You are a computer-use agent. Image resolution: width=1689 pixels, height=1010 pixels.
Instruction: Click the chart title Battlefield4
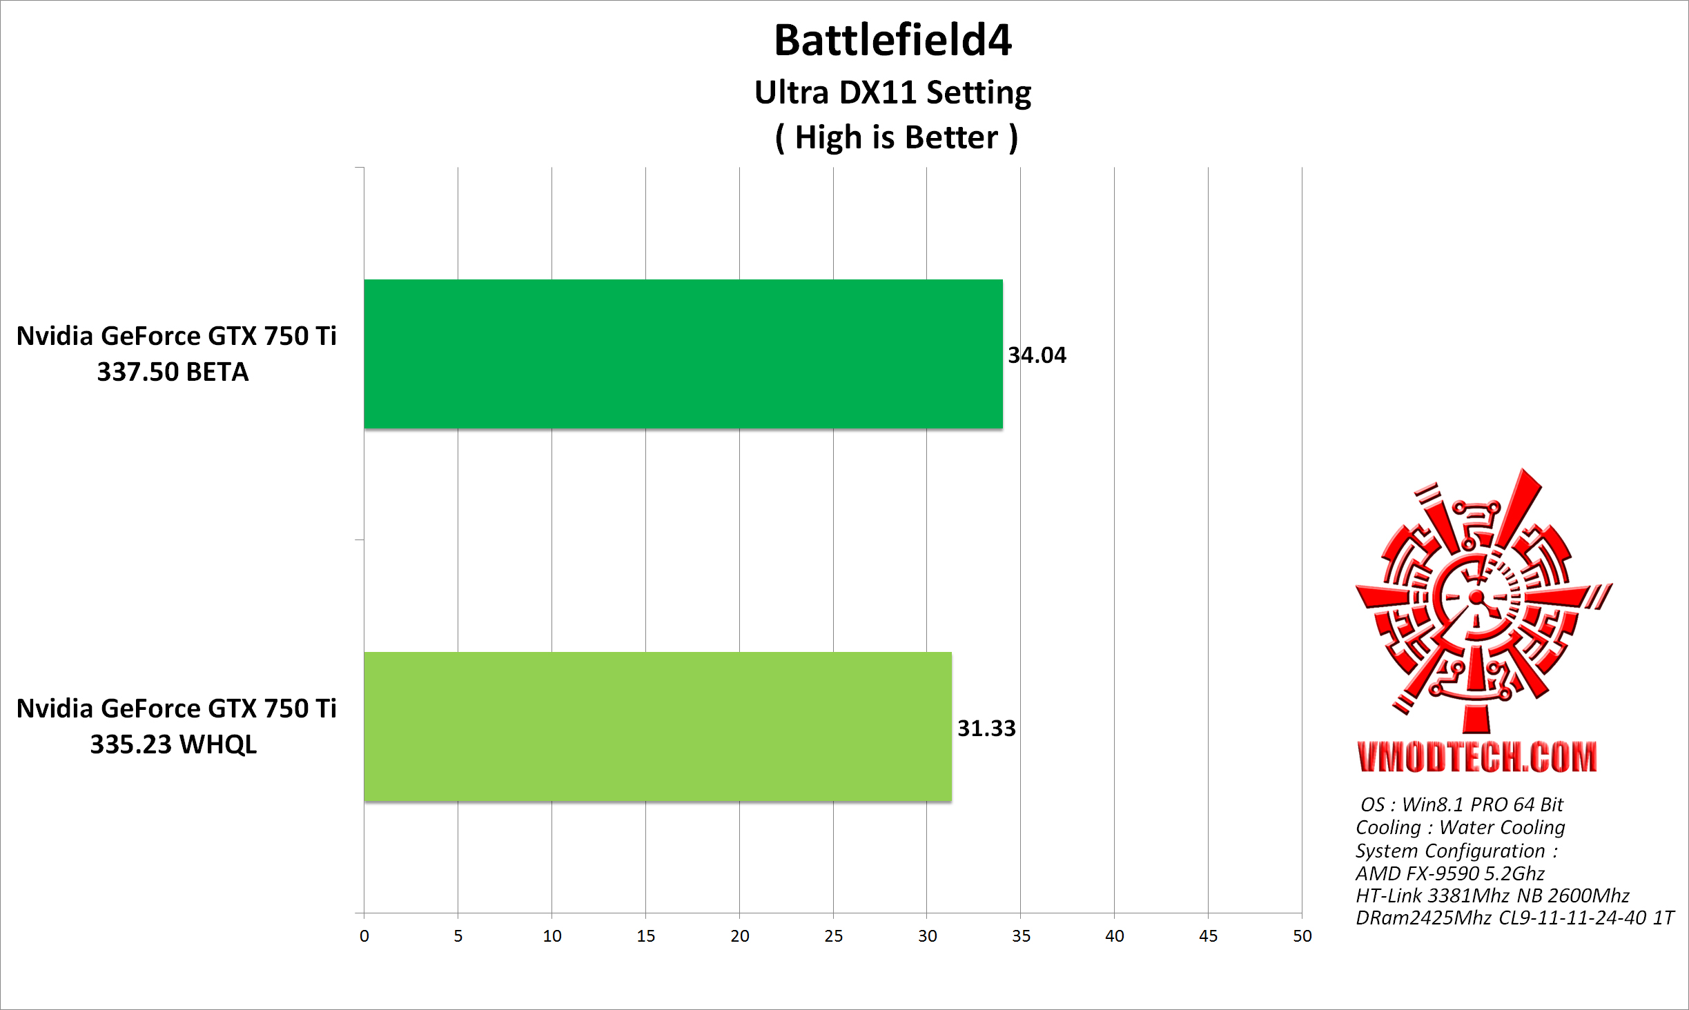pyautogui.click(x=892, y=40)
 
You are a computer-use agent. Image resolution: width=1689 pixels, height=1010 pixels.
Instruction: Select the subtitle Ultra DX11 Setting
pyautogui.click(x=892, y=92)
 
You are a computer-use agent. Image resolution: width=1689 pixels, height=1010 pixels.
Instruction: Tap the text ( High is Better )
pyautogui.click(x=896, y=137)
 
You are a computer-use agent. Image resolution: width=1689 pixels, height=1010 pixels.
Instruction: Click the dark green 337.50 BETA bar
pyautogui.click(x=683, y=354)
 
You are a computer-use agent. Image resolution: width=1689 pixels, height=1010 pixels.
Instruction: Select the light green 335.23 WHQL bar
pyautogui.click(x=657, y=726)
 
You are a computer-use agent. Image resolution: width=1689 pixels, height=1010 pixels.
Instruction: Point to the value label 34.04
pyautogui.click(x=1037, y=355)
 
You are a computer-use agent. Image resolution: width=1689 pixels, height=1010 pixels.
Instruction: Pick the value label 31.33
pyautogui.click(x=986, y=729)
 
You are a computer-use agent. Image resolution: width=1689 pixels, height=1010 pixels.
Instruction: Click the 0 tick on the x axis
pyautogui.click(x=364, y=936)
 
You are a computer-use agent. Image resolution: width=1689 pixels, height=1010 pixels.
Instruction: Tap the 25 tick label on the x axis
pyautogui.click(x=833, y=936)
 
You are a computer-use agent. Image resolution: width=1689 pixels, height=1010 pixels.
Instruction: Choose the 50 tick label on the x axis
pyautogui.click(x=1302, y=936)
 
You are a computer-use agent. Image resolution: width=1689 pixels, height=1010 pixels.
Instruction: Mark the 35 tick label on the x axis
pyautogui.click(x=1021, y=936)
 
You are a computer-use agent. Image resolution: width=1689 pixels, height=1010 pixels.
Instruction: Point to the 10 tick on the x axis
pyautogui.click(x=552, y=936)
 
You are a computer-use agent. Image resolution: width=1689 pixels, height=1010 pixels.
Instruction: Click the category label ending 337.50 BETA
pyautogui.click(x=176, y=354)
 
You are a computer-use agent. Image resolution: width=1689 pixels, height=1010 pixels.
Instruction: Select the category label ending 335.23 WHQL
pyautogui.click(x=176, y=726)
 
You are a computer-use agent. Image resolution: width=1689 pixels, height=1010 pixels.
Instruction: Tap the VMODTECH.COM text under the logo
pyautogui.click(x=1477, y=757)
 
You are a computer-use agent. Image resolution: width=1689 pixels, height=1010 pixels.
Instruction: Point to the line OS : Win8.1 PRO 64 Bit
pyautogui.click(x=1461, y=804)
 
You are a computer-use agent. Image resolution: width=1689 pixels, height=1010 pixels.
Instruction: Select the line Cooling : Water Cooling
pyautogui.click(x=1460, y=827)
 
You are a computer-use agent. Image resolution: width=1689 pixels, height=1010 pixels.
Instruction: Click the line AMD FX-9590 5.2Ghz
pyautogui.click(x=1449, y=873)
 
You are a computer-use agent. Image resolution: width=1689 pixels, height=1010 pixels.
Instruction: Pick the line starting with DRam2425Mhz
pyautogui.click(x=1514, y=918)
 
